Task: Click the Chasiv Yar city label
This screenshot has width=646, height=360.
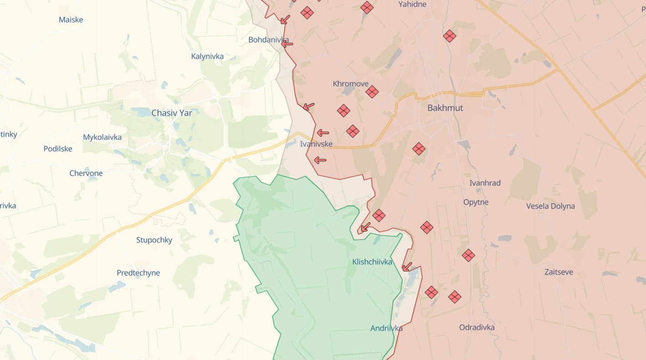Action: pyautogui.click(x=172, y=113)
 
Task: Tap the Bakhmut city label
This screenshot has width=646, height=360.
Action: pyautogui.click(x=445, y=108)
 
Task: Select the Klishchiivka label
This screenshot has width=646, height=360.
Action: pyautogui.click(x=372, y=262)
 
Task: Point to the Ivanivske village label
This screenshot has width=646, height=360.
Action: pyautogui.click(x=316, y=144)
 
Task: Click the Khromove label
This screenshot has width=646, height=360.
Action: pyautogui.click(x=351, y=84)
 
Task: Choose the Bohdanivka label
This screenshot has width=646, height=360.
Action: pyautogui.click(x=269, y=40)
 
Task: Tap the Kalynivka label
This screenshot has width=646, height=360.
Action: pyautogui.click(x=207, y=57)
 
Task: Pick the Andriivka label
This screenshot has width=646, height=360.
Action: pyautogui.click(x=386, y=328)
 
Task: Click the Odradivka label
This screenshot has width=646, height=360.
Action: pyautogui.click(x=477, y=327)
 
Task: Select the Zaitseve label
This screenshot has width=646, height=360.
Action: pyautogui.click(x=558, y=272)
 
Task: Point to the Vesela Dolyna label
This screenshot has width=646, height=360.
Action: pyautogui.click(x=550, y=206)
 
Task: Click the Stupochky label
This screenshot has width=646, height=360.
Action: pyautogui.click(x=154, y=240)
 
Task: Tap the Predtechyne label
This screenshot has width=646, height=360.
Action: pyautogui.click(x=138, y=273)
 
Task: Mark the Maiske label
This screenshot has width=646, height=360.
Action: pyautogui.click(x=71, y=20)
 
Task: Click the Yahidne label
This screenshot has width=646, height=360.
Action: pyautogui.click(x=412, y=5)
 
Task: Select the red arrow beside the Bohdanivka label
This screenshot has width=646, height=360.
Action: pyautogui.click(x=287, y=44)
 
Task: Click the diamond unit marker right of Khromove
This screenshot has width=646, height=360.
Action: pyautogui.click(x=372, y=92)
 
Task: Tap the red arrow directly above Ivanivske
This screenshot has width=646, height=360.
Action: pyautogui.click(x=323, y=133)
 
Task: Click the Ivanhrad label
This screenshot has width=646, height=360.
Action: pyautogui.click(x=485, y=183)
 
